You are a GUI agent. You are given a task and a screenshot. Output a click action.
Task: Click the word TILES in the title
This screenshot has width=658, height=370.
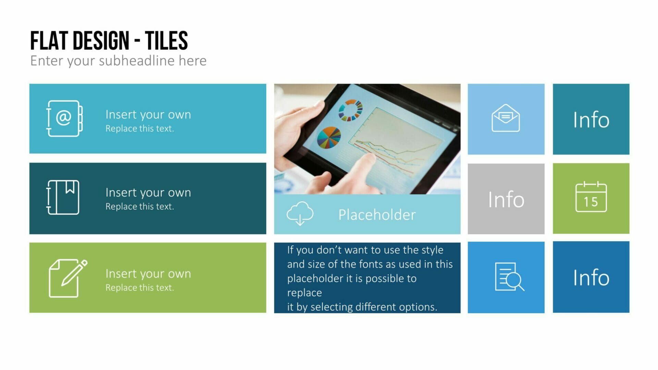coord(166,41)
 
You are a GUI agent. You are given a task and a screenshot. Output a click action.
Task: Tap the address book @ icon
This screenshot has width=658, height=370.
coord(64,119)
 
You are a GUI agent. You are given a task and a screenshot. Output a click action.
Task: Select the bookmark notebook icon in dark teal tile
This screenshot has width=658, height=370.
coord(63,197)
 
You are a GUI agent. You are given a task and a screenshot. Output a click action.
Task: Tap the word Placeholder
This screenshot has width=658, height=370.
coord(377,215)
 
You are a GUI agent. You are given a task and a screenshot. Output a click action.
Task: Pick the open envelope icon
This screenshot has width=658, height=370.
coord(505,118)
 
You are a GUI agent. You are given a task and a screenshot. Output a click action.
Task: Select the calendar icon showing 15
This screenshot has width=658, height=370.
coord(591,197)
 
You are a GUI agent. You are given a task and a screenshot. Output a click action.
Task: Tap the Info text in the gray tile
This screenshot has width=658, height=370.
coord(506,199)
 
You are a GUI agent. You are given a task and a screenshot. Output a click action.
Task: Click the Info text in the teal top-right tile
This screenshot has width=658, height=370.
coord(591,120)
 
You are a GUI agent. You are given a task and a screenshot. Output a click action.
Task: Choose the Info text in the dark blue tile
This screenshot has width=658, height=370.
coord(591,277)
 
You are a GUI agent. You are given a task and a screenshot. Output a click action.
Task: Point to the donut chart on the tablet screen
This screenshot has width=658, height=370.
coord(350,110)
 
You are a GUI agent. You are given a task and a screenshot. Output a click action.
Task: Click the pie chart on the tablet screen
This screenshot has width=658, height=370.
coord(329,138)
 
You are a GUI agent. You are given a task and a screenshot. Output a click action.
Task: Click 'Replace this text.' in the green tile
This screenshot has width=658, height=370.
coord(139,288)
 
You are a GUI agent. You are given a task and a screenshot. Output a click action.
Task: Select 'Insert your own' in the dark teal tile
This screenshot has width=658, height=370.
coord(148,193)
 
